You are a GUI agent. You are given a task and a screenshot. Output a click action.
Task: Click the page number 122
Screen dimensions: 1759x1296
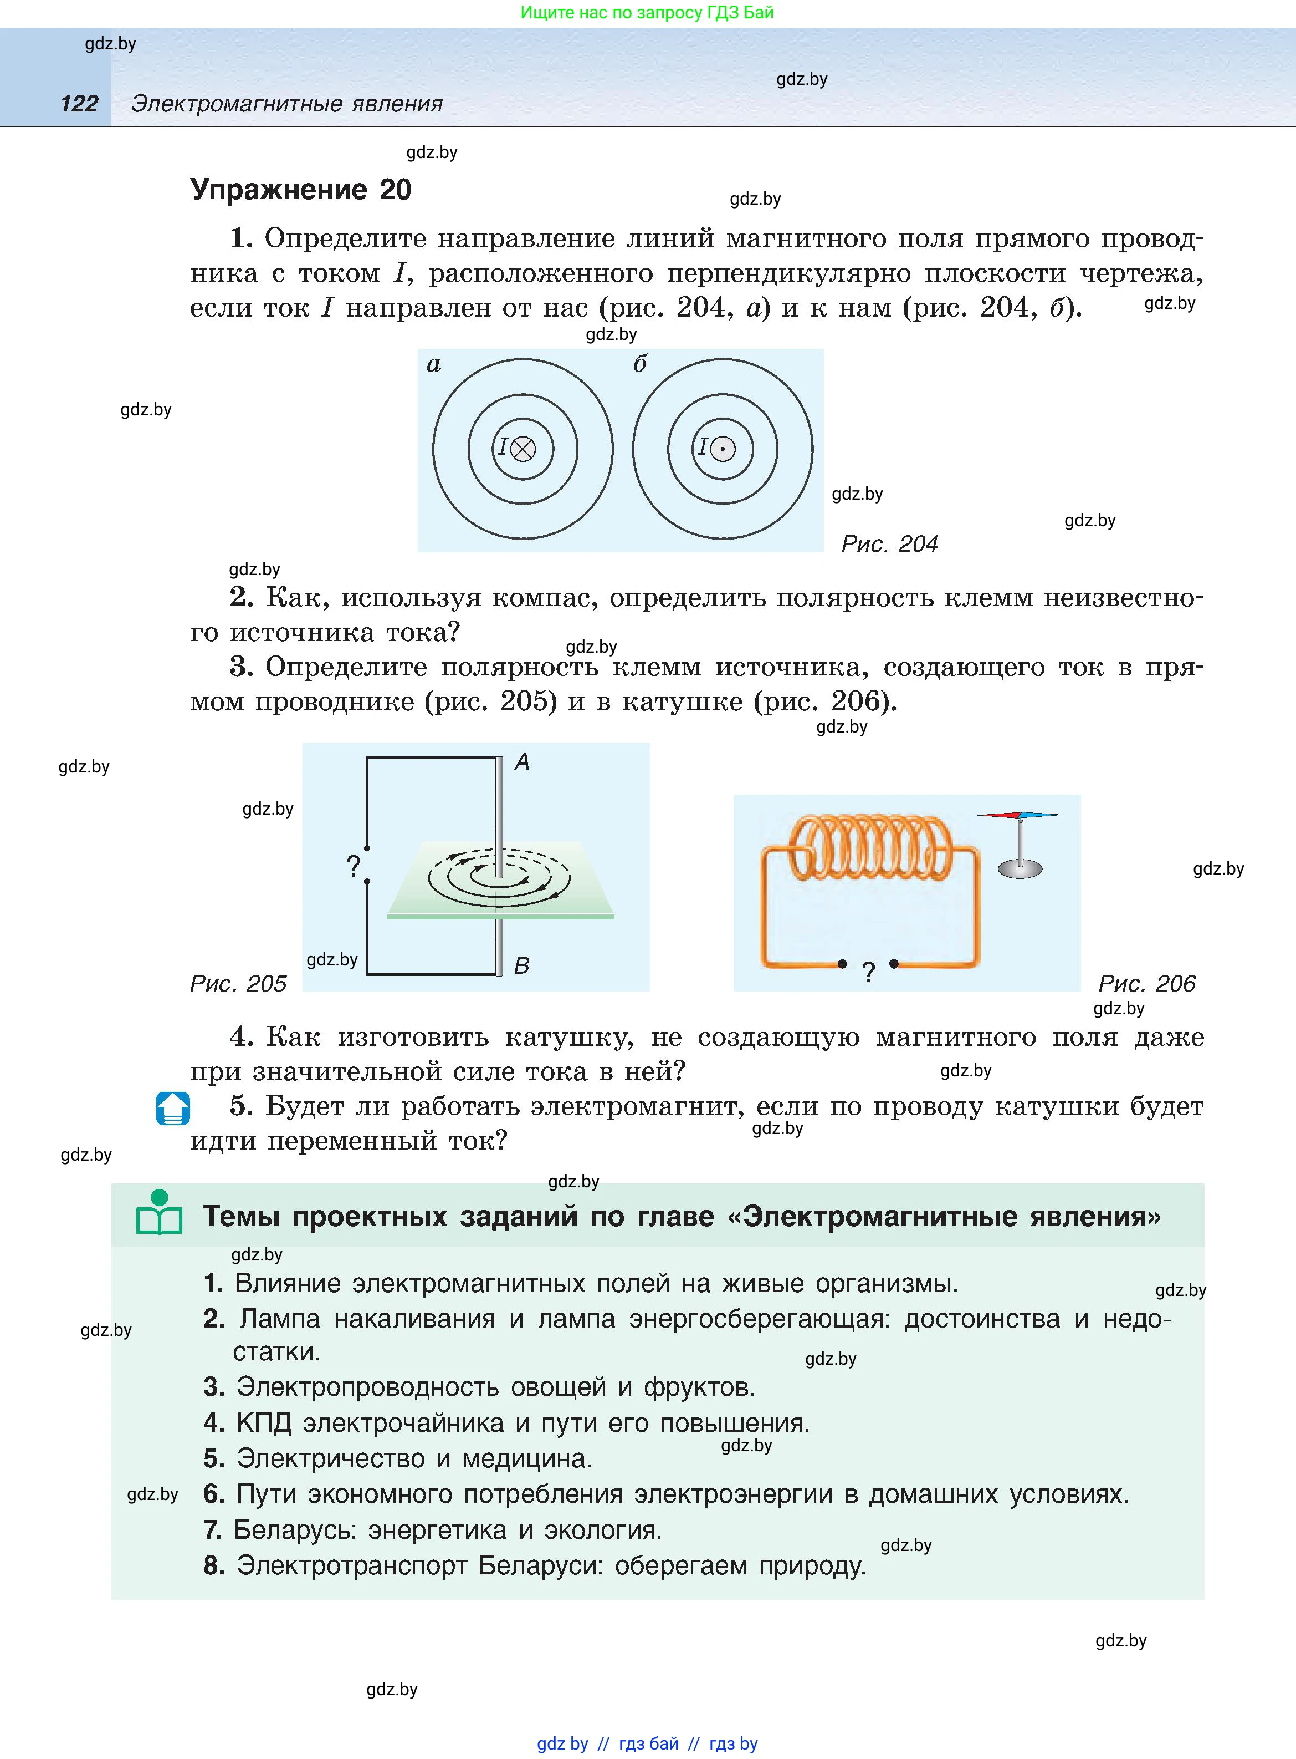point(79,104)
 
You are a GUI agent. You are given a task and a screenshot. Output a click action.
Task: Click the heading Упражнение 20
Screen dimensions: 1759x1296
point(300,190)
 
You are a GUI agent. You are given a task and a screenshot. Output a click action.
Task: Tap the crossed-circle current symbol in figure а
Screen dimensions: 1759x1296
point(523,449)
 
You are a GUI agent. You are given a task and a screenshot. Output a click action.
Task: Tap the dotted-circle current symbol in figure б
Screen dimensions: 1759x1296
point(723,449)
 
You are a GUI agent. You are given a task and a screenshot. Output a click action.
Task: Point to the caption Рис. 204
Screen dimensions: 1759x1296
point(889,544)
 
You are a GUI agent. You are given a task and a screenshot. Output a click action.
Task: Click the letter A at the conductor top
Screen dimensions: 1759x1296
point(522,761)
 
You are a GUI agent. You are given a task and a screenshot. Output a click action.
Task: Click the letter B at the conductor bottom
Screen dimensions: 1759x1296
point(522,965)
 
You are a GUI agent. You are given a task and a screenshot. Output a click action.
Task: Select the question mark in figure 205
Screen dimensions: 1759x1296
point(354,866)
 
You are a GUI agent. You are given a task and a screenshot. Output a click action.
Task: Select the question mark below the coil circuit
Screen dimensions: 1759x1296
point(868,973)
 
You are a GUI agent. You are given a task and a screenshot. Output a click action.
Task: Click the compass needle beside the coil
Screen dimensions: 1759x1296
point(1019,816)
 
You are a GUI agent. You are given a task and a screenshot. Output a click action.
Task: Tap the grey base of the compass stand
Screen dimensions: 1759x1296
point(1020,867)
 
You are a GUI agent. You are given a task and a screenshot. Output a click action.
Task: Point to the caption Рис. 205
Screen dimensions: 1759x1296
point(238,984)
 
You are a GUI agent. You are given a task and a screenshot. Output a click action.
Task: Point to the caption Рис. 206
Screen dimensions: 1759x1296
point(1146,984)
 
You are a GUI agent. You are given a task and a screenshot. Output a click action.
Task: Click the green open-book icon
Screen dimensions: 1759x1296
point(159,1213)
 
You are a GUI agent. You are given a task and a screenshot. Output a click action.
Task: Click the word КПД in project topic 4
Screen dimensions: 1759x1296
point(264,1422)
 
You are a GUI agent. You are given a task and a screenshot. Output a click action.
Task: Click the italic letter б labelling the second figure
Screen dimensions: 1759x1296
point(640,363)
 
